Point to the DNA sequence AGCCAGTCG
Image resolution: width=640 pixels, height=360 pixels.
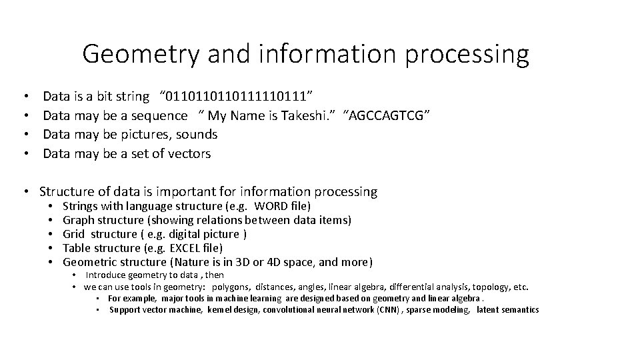(x=387, y=115)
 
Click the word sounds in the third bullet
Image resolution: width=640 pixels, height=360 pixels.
(x=197, y=134)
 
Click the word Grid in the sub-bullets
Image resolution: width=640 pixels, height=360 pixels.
(x=73, y=234)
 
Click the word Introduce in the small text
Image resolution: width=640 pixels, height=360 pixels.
(x=106, y=275)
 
